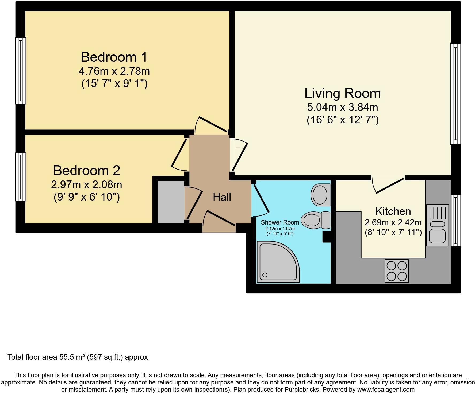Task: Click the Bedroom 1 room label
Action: pyautogui.click(x=114, y=57)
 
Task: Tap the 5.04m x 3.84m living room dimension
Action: pyautogui.click(x=342, y=107)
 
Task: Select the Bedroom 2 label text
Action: pyautogui.click(x=87, y=171)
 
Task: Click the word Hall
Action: pyautogui.click(x=222, y=197)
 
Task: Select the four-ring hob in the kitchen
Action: pyautogui.click(x=397, y=271)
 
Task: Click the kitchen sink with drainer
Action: pyautogui.click(x=437, y=225)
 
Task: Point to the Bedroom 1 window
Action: pyautogui.click(x=21, y=70)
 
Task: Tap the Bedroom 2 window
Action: pyautogui.click(x=21, y=176)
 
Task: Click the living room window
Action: pyautogui.click(x=455, y=93)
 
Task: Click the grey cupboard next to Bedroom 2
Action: pyautogui.click(x=171, y=202)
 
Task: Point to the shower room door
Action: pyautogui.click(x=261, y=199)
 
